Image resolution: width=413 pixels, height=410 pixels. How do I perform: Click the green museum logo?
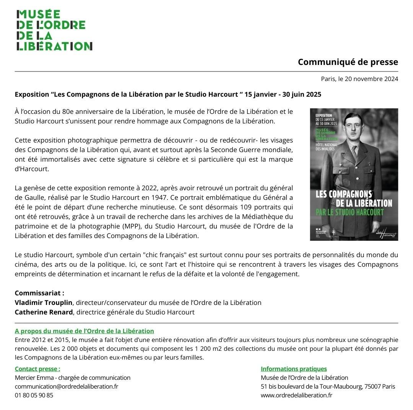(54, 30)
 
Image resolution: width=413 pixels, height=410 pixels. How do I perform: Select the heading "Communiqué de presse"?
(348, 62)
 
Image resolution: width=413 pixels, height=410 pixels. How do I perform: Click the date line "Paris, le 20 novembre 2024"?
(359, 79)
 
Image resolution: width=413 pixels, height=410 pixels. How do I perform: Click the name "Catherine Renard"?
(44, 312)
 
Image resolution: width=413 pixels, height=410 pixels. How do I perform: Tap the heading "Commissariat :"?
(39, 293)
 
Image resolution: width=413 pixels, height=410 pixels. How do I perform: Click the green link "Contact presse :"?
(37, 369)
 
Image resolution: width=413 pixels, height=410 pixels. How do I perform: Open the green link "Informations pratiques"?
(294, 369)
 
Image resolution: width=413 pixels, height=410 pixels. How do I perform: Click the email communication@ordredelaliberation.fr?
(67, 386)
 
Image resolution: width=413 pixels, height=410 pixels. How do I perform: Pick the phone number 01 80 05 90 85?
(34, 395)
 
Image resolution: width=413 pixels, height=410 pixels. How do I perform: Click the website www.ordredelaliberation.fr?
(296, 395)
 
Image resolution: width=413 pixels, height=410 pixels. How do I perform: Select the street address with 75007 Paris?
(328, 386)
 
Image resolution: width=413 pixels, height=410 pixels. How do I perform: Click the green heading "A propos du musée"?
(84, 331)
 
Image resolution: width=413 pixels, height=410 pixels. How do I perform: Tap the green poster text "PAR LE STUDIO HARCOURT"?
(354, 212)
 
